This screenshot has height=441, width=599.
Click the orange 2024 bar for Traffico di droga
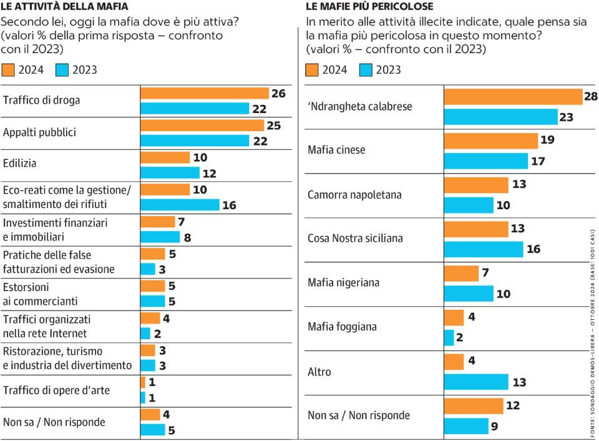(204, 94)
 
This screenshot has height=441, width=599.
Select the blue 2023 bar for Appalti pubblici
(195, 141)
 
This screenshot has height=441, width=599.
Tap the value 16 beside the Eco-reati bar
(229, 205)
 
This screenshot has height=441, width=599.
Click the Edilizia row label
(20, 163)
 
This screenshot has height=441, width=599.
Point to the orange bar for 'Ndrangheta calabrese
(513, 97)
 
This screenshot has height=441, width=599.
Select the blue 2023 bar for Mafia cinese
(485, 161)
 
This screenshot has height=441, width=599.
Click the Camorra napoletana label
(354, 194)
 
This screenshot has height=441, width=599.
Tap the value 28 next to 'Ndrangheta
(590, 96)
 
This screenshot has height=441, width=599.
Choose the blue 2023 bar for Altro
(476, 382)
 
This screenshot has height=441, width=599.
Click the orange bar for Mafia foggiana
(454, 317)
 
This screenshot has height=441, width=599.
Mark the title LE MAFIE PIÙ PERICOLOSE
(369, 6)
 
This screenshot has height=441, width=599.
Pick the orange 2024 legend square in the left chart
(8, 69)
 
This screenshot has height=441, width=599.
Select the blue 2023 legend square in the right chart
(366, 69)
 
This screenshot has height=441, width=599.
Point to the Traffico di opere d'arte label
(56, 390)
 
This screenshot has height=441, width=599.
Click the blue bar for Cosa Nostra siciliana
(483, 249)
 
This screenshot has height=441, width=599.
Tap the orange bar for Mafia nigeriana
(461, 273)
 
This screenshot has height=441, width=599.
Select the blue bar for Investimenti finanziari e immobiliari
(160, 237)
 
